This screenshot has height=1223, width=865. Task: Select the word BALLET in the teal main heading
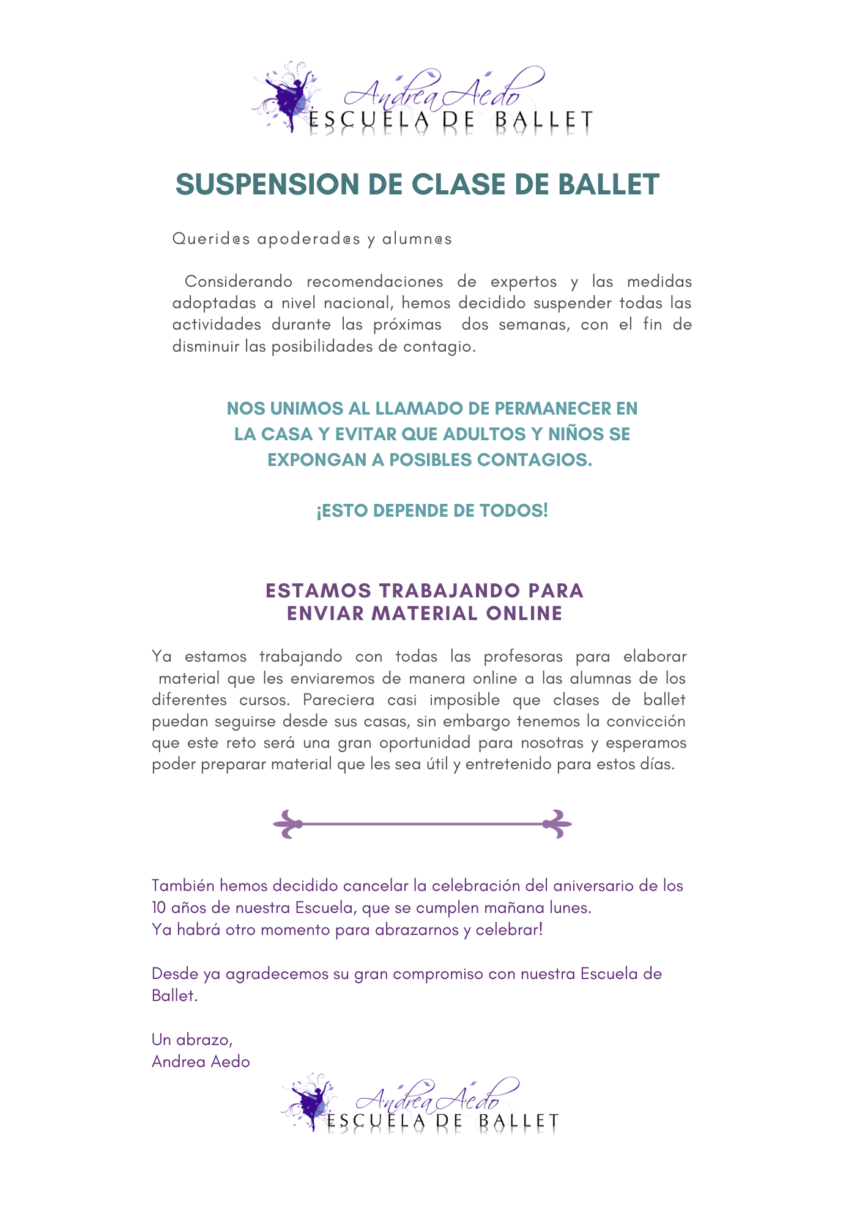pos(609,185)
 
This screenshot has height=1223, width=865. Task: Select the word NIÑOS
pos(567,434)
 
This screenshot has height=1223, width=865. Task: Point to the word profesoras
pos(523,657)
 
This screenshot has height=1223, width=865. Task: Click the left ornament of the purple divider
pos(288,824)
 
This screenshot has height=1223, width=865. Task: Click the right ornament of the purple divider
pos(557,824)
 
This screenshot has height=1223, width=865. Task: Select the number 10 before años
pos(160,908)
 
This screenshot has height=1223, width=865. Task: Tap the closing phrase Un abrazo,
pos(192,1040)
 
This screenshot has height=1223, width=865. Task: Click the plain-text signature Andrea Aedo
pos(201,1062)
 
